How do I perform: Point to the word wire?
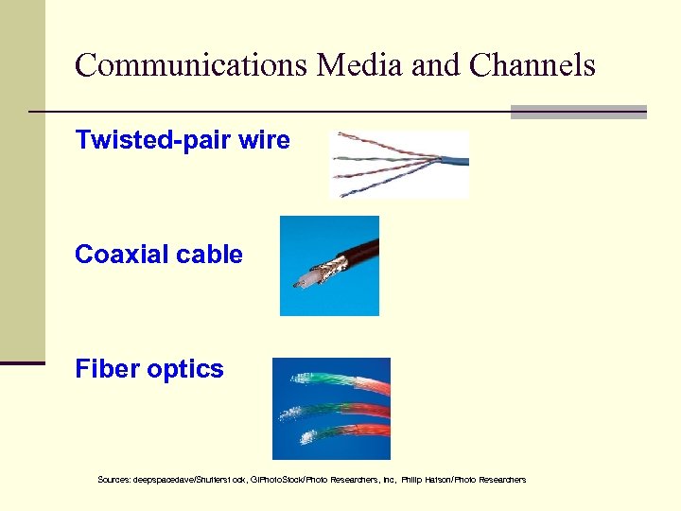(265, 141)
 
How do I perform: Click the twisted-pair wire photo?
(399, 165)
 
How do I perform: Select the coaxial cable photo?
(329, 266)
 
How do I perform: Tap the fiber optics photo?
(331, 409)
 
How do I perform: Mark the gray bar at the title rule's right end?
(578, 112)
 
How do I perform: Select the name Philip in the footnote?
(412, 480)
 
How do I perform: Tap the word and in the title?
(434, 65)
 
